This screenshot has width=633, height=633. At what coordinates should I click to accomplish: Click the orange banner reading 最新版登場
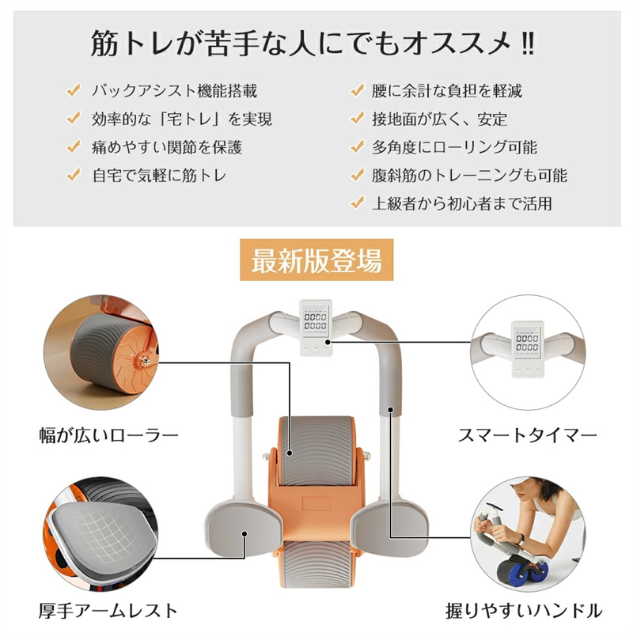316,260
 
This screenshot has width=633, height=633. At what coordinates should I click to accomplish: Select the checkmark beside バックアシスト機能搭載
74,90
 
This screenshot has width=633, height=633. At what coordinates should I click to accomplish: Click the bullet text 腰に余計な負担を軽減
447,91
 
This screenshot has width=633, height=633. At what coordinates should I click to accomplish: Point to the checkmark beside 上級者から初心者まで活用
358,203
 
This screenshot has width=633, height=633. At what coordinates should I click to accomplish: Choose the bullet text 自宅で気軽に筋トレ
159,176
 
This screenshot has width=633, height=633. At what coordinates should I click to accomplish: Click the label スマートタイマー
527,436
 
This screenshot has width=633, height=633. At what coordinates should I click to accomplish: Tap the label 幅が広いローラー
108,436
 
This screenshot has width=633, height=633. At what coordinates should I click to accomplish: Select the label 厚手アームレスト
108,611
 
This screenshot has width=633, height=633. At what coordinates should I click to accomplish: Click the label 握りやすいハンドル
524,611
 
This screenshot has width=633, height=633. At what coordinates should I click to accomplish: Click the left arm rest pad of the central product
242,528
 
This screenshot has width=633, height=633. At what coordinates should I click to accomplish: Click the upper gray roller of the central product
316,451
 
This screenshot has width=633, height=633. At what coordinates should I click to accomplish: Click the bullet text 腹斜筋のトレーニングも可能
469,176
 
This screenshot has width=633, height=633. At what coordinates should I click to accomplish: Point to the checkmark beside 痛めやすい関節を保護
74,146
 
